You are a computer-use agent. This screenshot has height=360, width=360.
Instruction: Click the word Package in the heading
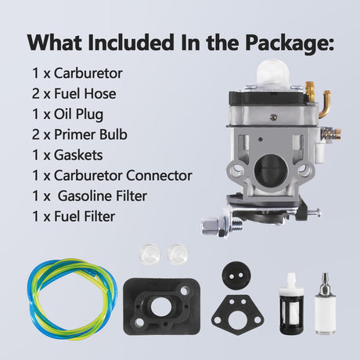point(290,43)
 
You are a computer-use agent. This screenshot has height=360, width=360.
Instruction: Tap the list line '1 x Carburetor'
point(77,74)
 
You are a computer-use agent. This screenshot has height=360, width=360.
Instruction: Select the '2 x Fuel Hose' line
point(74,94)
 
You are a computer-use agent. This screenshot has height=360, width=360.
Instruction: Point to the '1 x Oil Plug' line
point(67,115)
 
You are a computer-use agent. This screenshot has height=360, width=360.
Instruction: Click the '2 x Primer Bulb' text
point(80,135)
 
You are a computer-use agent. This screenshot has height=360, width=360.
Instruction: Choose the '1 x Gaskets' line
point(67,155)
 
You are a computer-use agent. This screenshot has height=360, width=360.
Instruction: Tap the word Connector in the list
point(160,175)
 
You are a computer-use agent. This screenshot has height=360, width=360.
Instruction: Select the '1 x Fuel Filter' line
point(74,217)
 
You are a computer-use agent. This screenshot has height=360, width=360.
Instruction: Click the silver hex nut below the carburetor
point(212,225)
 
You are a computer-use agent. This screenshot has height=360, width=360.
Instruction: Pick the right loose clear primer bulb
point(178,253)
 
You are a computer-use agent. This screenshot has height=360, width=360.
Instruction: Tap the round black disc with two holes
point(236,275)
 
